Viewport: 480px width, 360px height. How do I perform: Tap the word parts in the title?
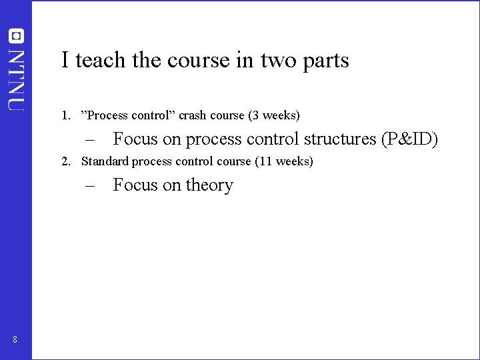coord(325,61)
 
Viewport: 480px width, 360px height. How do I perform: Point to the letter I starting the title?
coord(65,60)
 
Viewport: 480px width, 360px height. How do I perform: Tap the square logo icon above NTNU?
coord(15,37)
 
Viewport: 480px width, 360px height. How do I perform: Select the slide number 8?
coord(15,341)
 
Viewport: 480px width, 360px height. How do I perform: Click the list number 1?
coord(65,115)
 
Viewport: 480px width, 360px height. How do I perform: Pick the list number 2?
coord(65,161)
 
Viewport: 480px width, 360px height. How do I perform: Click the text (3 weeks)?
coord(274,115)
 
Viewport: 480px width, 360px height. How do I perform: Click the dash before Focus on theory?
coord(91,185)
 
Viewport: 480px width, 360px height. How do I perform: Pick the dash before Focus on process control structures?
coord(91,139)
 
